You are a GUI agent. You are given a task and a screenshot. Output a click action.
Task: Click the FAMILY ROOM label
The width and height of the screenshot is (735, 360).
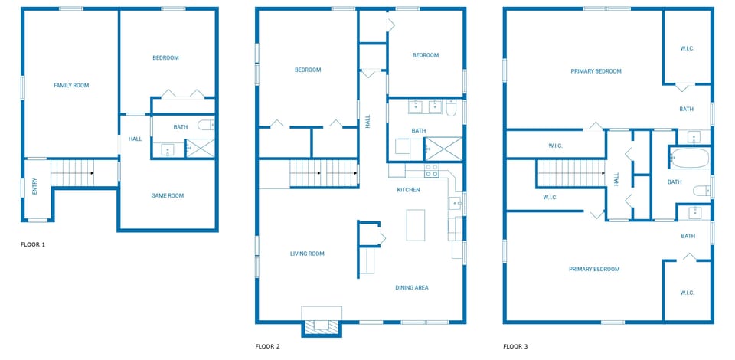pos(70,86)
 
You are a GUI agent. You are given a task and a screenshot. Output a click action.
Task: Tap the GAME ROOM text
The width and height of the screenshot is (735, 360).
pos(167,196)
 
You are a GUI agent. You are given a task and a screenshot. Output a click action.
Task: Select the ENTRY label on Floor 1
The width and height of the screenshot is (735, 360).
pos(34,186)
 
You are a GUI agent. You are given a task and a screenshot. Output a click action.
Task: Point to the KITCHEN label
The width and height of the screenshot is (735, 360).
pos(407,190)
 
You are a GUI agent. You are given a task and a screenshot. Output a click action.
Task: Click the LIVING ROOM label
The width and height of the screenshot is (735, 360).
pos(307,254)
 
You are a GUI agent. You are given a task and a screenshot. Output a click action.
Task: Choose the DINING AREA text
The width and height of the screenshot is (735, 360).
pos(411,288)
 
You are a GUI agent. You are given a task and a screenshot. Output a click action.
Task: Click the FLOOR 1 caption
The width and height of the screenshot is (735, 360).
pos(33,244)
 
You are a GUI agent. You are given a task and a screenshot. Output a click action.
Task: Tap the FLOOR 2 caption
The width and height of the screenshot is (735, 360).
pos(267,346)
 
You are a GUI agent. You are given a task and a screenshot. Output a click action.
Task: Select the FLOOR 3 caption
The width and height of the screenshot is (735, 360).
pos(515,346)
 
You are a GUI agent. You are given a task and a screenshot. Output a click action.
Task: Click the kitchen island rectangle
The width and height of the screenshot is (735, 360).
pos(415,225)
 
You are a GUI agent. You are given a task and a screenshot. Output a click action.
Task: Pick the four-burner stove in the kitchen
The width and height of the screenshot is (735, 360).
pos(431,170)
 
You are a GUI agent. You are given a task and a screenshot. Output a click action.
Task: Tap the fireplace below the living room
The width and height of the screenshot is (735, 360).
pos(322,325)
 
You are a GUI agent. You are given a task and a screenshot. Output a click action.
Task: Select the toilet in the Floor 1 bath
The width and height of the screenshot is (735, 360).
pos(206,126)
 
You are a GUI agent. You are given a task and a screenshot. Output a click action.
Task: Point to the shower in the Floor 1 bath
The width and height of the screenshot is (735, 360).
pos(201,148)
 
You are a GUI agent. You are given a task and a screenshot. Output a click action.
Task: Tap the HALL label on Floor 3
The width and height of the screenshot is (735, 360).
pos(616,179)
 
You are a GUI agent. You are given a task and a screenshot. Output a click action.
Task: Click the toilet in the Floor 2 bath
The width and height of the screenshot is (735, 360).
pos(452,110)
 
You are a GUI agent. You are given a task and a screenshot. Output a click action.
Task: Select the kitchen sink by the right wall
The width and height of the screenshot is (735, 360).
pos(454,203)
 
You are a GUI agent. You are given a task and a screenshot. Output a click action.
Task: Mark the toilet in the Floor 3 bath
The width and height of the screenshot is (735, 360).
pos(701,191)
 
